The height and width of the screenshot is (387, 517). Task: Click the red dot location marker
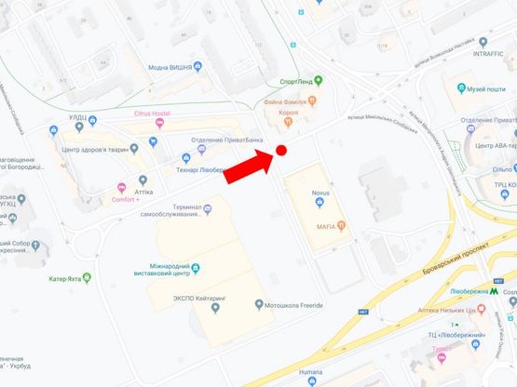[280, 151]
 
